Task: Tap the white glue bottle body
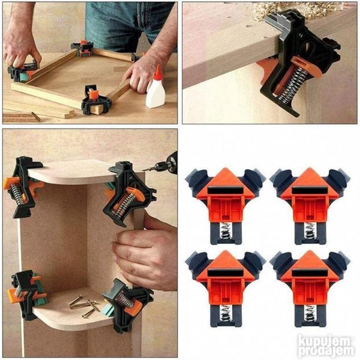point(155,91)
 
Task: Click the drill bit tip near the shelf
point(143,170)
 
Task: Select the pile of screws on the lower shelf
point(84,304)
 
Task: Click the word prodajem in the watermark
point(326,351)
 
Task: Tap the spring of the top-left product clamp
point(226,232)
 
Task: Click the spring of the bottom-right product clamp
point(310,314)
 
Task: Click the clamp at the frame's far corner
point(83,49)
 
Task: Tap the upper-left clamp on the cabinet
point(22,187)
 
